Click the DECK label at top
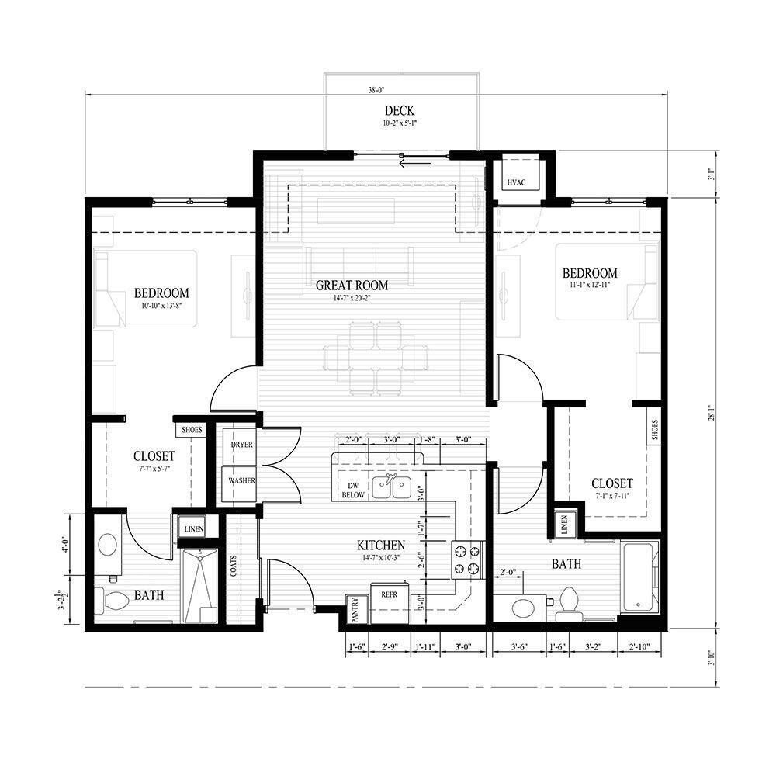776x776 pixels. pyautogui.click(x=399, y=111)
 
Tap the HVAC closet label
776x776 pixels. pyautogui.click(x=517, y=182)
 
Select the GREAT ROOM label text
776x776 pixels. pyautogui.click(x=352, y=285)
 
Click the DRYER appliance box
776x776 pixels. pyautogui.click(x=241, y=445)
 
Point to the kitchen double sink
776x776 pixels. pyautogui.click(x=391, y=487)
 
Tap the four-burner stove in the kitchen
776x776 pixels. pyautogui.click(x=467, y=559)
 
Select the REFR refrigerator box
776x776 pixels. pyautogui.click(x=389, y=594)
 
